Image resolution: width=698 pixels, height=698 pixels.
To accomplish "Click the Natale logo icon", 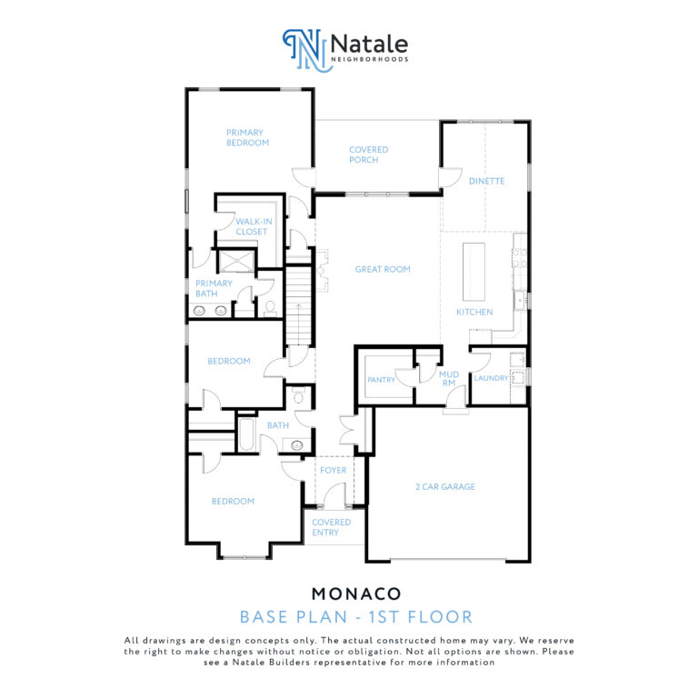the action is [307, 50].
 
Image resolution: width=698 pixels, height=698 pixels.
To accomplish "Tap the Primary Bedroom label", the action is [247, 137].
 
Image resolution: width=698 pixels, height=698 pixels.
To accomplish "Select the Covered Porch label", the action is [368, 155].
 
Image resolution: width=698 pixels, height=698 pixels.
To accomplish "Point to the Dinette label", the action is [486, 181].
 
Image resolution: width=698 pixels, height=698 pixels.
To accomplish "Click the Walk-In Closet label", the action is [254, 226].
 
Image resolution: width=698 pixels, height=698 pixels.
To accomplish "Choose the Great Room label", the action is [383, 269].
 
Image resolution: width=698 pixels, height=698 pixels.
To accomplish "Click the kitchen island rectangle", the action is [474, 272].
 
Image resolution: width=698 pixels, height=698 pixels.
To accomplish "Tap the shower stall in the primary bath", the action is [237, 261].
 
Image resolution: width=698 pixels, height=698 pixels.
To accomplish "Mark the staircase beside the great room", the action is [298, 305].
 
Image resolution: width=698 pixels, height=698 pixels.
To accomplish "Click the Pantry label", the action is [381, 380].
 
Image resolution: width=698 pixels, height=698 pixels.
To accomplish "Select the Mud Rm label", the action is [449, 378].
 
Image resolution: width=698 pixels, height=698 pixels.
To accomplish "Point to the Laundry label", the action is [491, 378].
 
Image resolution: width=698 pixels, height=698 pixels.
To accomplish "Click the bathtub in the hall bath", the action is [246, 434].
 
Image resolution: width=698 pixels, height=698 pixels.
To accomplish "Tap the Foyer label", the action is [333, 470].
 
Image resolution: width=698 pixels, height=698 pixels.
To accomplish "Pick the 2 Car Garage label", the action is [445, 486].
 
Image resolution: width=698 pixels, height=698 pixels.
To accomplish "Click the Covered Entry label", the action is [331, 527].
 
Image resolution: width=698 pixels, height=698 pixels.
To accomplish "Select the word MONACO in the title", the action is [356, 593].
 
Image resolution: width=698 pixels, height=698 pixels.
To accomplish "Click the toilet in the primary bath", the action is [270, 308].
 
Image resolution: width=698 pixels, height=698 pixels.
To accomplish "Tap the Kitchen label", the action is [474, 312].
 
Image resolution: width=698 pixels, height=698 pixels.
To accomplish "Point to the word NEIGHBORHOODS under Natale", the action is [370, 59].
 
